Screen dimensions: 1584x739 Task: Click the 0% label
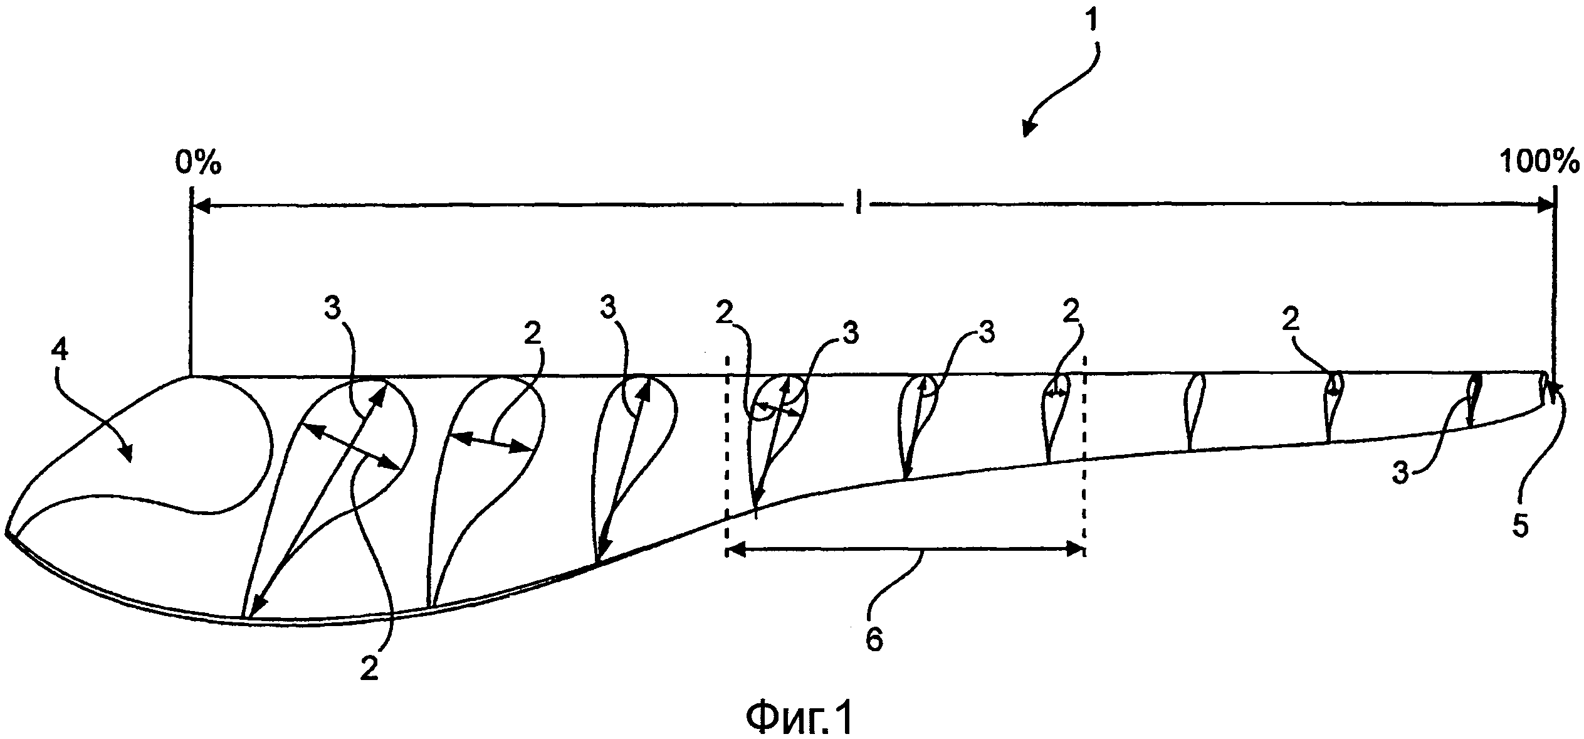(198, 164)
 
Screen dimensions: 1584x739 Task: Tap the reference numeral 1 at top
(1091, 22)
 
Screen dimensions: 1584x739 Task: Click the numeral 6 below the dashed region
(874, 640)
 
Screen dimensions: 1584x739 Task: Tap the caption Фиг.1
(799, 718)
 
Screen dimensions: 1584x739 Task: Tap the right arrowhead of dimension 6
(1076, 550)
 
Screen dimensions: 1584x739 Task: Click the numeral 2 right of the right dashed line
(1291, 322)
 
